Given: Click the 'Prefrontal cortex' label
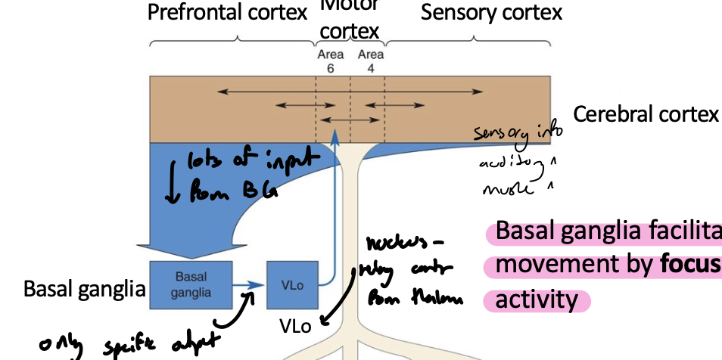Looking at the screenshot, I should pyautogui.click(x=227, y=13).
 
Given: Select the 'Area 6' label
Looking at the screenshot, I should pyautogui.click(x=330, y=61).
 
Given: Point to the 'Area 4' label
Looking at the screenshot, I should pyautogui.click(x=371, y=61).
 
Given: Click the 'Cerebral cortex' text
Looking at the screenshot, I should pyautogui.click(x=645, y=114).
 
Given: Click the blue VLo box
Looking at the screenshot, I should pyautogui.click(x=293, y=285).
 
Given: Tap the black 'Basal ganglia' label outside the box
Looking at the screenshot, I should pyautogui.click(x=84, y=289).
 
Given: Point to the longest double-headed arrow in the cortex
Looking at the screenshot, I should pyautogui.click(x=350, y=92).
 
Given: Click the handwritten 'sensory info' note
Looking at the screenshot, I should pyautogui.click(x=518, y=134).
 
